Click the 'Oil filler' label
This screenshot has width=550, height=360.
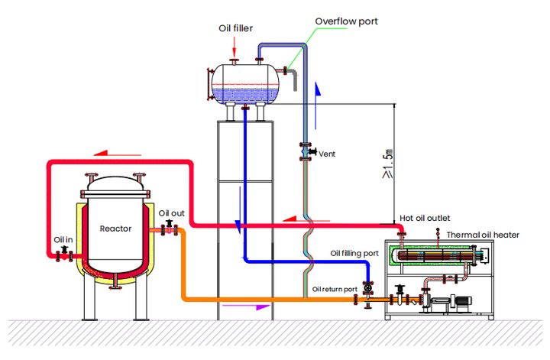[235, 29]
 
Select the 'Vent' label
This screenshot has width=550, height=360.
[327, 154]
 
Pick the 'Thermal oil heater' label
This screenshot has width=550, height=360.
[483, 235]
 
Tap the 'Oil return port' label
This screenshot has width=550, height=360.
[335, 290]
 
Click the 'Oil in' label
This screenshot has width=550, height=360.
[63, 239]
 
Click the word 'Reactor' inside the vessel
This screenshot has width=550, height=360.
[116, 229]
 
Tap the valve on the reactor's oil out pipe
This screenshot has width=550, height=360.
[169, 227]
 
